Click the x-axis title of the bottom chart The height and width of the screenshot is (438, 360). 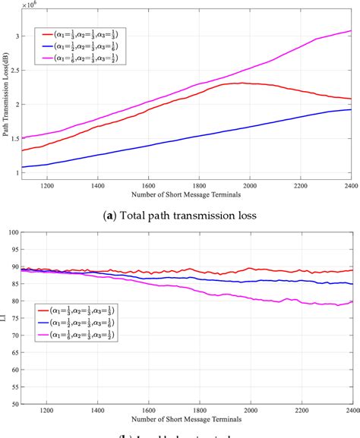click(x=188, y=418)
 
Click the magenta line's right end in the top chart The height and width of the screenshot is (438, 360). click(x=350, y=31)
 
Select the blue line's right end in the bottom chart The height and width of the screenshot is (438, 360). click(x=350, y=284)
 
